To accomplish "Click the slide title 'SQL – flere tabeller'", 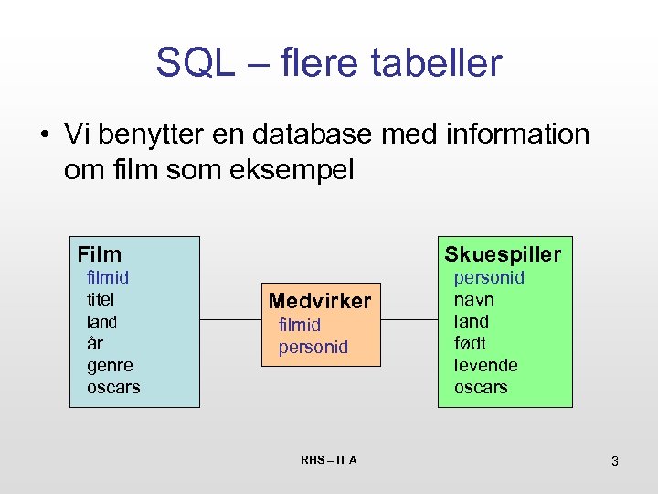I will (x=329, y=63).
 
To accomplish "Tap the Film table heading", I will (x=100, y=254).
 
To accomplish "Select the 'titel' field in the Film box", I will (x=106, y=299).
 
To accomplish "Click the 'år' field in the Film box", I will (x=95, y=343).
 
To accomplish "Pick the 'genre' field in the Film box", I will (x=110, y=365).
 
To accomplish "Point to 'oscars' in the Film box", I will (x=113, y=387).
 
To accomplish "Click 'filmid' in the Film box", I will (x=108, y=277).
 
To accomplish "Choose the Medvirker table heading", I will (x=320, y=301).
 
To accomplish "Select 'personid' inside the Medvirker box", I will (x=313, y=348).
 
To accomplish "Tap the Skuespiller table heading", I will (x=503, y=254).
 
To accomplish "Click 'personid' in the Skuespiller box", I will (x=489, y=277).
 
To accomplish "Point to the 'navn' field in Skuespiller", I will (x=474, y=299).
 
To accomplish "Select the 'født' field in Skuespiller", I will (x=470, y=343).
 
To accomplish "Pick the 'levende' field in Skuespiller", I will (x=486, y=365).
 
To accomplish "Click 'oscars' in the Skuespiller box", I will (x=481, y=387).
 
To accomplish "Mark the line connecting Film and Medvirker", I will (x=229, y=320).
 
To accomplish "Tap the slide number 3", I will (x=615, y=461).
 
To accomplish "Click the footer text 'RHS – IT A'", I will (x=329, y=459).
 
